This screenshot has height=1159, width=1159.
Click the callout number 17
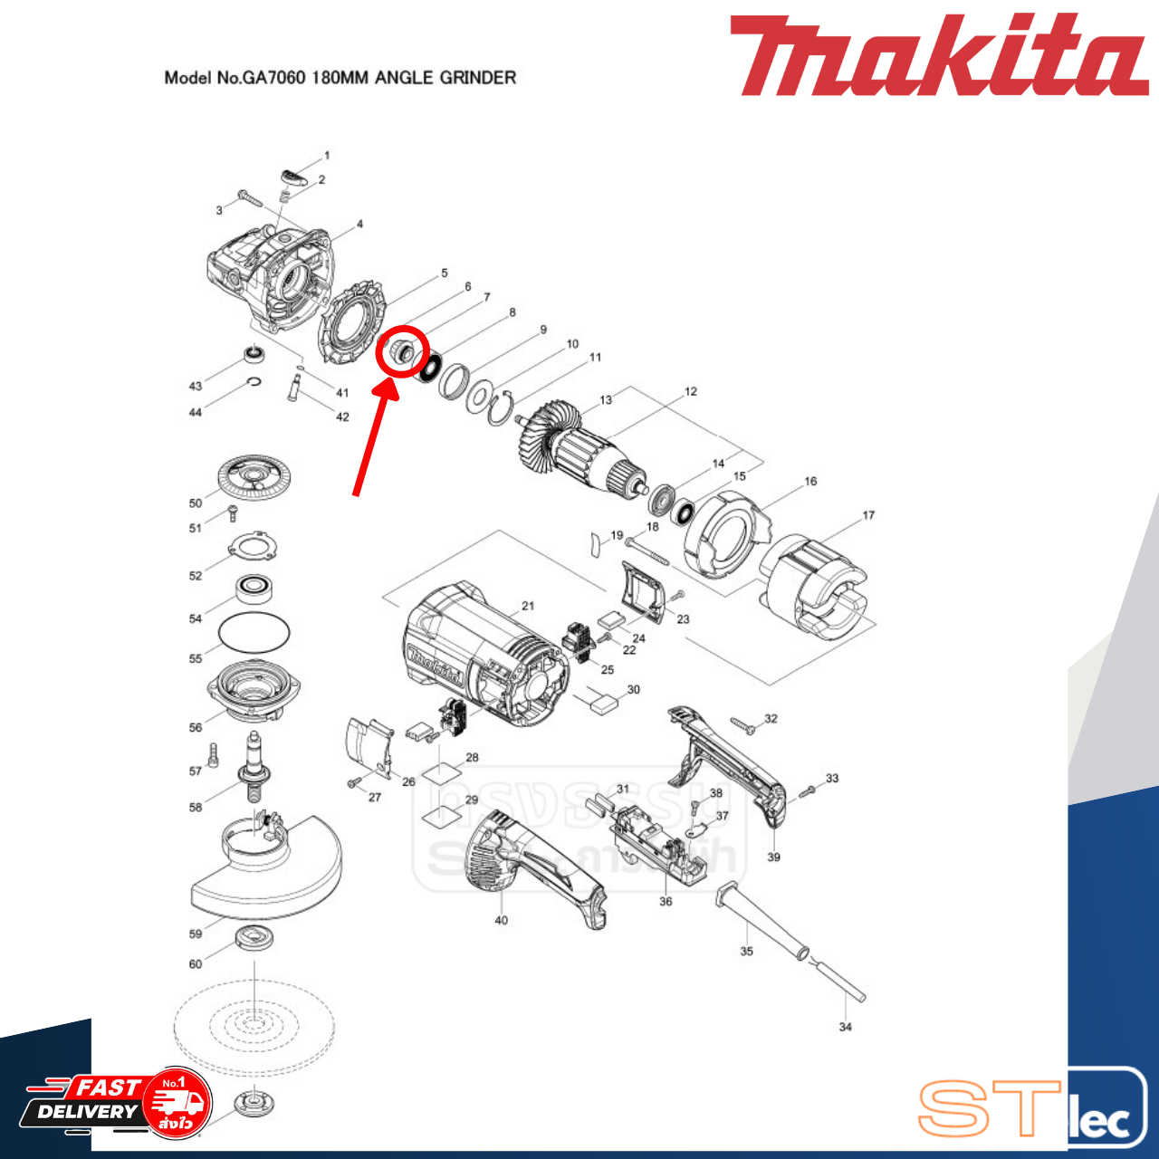point(868,515)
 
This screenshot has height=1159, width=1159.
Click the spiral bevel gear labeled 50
point(258,478)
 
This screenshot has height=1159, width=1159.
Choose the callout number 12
point(691,391)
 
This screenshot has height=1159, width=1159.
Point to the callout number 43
point(196,386)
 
